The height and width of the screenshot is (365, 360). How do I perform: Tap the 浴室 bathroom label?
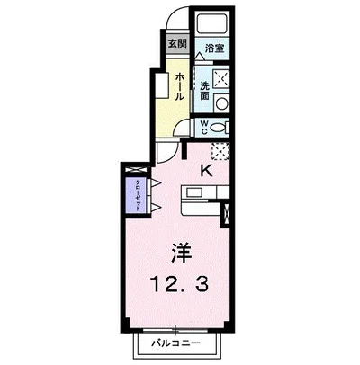214,49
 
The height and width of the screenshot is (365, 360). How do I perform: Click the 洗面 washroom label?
205,90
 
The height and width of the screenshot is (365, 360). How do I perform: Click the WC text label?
204,127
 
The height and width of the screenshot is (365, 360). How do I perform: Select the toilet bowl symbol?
221,128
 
